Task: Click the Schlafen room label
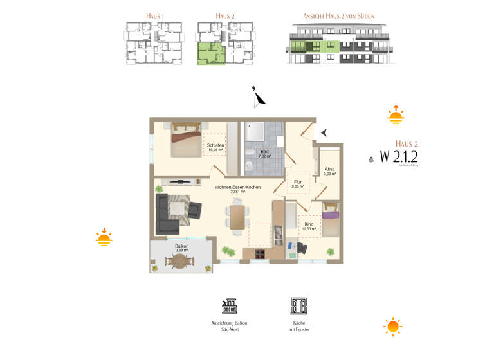[x=215, y=147]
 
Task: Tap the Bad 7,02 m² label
[x=264, y=153]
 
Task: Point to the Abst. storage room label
[x=330, y=172]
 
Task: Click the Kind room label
[x=309, y=226]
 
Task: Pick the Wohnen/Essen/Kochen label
[x=235, y=188]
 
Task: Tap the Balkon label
[x=181, y=247]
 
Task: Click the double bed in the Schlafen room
[x=185, y=139]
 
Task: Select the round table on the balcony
[x=179, y=261]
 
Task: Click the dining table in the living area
[x=237, y=215]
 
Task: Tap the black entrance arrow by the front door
[x=324, y=132]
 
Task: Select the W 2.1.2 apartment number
[x=398, y=156]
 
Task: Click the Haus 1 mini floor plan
[x=152, y=43]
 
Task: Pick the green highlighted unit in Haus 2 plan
[x=210, y=53]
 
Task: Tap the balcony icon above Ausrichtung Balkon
[x=230, y=305]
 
